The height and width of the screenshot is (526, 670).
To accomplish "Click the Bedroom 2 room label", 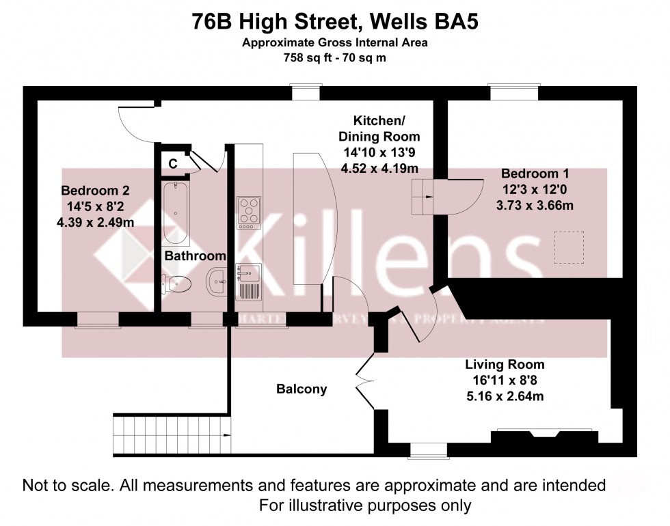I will click(x=94, y=190).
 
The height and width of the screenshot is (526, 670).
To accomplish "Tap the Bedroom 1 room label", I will click(x=534, y=174).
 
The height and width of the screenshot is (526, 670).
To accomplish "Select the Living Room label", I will click(x=505, y=364).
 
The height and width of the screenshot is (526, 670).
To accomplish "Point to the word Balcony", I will click(x=301, y=389).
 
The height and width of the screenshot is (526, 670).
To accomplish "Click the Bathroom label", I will click(x=195, y=255).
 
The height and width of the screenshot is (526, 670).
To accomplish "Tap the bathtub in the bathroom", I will click(x=176, y=213).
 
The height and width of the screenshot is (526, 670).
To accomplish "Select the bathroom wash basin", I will click(x=217, y=281).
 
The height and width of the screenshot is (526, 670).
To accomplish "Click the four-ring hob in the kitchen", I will click(x=248, y=212).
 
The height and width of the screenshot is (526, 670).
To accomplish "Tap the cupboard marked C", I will click(x=173, y=163).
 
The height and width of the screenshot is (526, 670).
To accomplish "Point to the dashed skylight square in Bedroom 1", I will click(x=568, y=247).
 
